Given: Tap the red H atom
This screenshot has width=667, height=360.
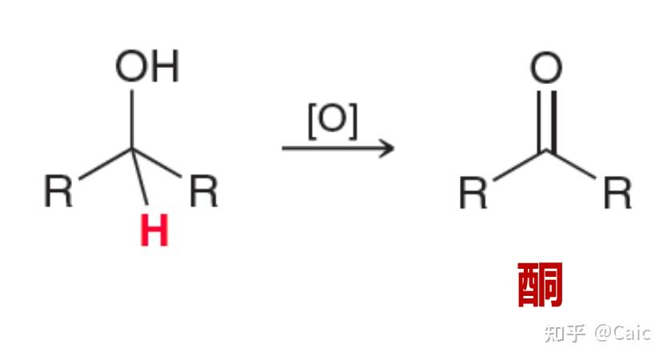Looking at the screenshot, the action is pos(154,232).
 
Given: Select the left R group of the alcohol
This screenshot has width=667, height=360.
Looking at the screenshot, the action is pos(58,191).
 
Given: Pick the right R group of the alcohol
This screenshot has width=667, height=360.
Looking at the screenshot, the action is pos(203,191).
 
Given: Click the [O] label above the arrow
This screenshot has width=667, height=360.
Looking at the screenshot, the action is pos(332,122).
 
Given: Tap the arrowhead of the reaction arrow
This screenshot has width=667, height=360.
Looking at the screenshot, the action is pos(387,148).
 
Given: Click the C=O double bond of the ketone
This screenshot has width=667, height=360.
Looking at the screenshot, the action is pos(546,120).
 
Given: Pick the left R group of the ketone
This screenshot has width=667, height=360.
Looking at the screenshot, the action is pos(473,193).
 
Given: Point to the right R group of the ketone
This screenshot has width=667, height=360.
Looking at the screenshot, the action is pos(617,193).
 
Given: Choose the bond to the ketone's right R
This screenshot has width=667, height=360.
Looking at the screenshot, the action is pos(573,165).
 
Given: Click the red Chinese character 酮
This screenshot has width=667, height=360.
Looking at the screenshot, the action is pos(541,284).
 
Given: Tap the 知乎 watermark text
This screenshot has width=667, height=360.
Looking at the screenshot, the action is pos(565,333).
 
